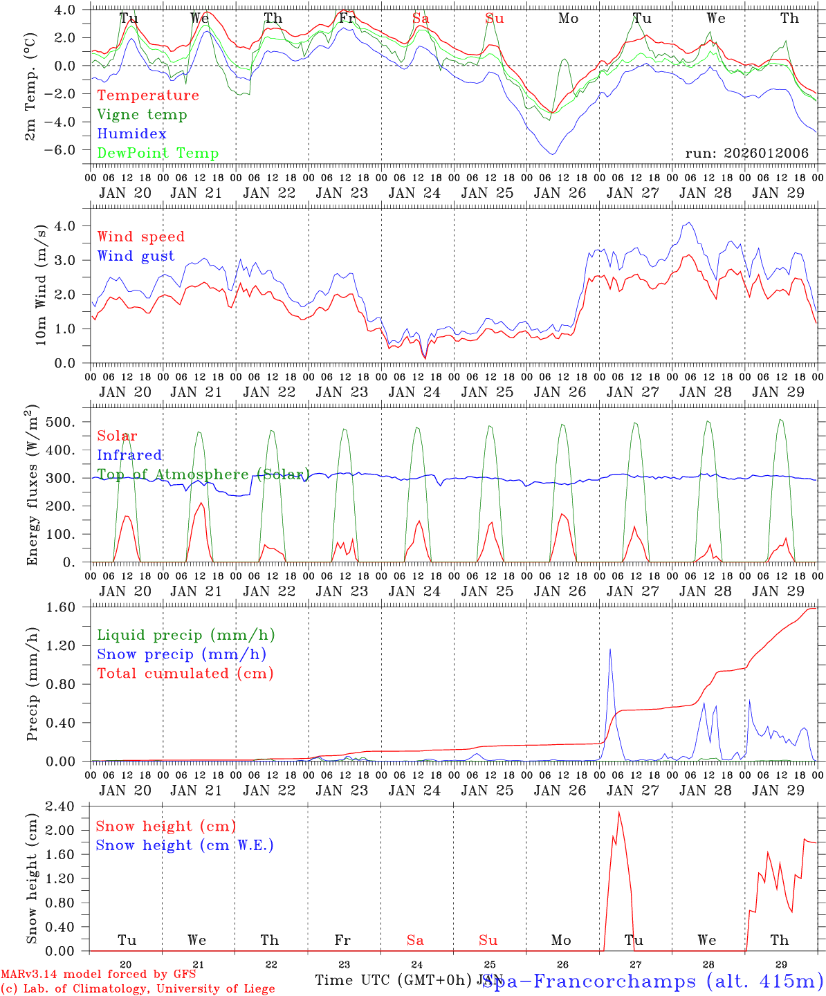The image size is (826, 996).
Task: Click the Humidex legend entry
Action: coord(131,134)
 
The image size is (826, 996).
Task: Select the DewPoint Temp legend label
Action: coord(158,154)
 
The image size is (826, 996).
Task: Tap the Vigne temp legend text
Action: coord(142,115)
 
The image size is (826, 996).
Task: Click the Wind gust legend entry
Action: coord(136,256)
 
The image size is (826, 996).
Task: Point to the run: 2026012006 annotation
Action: coord(746,154)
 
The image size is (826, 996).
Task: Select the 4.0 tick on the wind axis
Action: coord(70,226)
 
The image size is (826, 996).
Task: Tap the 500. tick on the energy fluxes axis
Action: coord(68,422)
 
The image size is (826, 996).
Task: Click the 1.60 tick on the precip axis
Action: coord(68,607)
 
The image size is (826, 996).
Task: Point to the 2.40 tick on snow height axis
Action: coord(68,806)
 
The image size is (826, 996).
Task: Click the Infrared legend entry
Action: coord(129,455)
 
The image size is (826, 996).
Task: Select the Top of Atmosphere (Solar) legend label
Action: coord(203,474)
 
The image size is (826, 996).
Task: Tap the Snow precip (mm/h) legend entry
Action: coord(181,654)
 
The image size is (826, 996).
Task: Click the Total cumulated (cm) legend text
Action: coord(185,674)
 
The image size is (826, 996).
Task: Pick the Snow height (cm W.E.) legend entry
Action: coord(184,845)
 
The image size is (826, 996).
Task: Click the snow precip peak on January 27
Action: coord(609,649)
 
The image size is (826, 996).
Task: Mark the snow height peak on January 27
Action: coord(619,812)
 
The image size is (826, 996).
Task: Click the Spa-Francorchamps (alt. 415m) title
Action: coord(652,981)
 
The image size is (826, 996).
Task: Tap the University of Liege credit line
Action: coord(138,989)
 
